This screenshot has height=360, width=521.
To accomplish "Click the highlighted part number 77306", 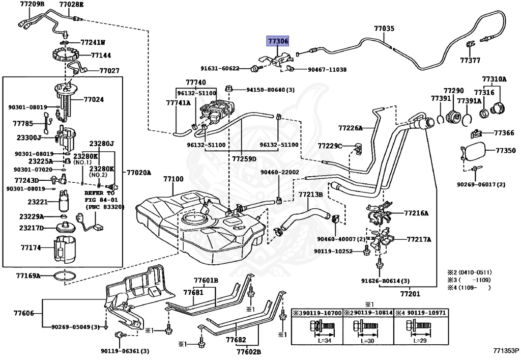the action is click(278, 41).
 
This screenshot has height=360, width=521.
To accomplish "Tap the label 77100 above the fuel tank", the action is click(173, 179).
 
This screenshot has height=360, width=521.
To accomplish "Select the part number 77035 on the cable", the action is click(384, 28).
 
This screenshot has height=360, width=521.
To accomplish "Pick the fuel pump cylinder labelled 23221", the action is click(64, 201).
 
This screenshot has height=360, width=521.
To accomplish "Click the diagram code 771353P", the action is click(506, 350).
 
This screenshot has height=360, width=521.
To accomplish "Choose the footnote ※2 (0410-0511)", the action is click(469, 272).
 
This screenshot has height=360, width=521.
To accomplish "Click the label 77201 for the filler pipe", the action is click(410, 294).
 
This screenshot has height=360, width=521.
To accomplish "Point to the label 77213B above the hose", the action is click(310, 194).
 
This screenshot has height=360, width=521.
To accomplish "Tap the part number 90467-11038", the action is click(327, 69).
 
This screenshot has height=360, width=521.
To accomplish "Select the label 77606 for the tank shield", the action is click(24, 313).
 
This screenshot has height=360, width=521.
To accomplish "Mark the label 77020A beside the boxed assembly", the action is click(138, 173).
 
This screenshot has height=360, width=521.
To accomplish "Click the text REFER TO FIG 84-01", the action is click(100, 196).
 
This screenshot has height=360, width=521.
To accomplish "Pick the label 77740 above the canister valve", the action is click(196, 82).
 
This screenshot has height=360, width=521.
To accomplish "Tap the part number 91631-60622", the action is click(220, 68).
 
